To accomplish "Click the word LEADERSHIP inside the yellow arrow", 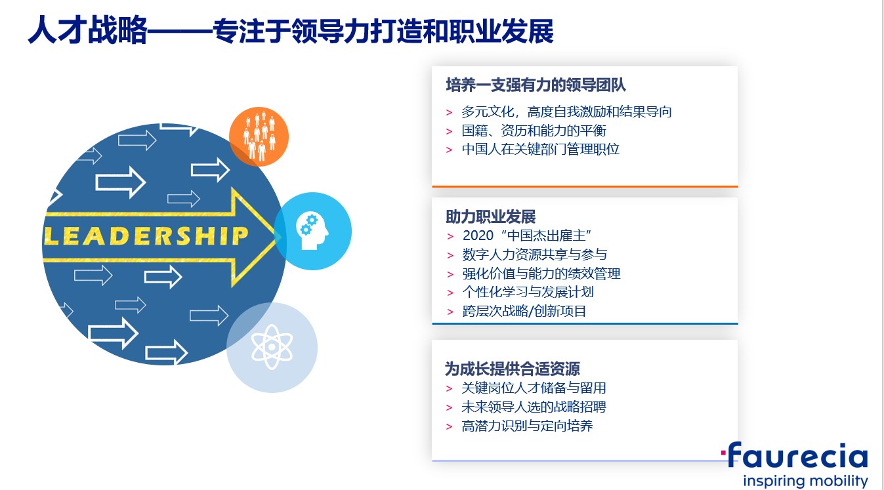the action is [x=146, y=236].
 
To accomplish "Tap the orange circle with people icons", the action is [x=259, y=136].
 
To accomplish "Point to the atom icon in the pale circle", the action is [x=272, y=347].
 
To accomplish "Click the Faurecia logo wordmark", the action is [x=795, y=455].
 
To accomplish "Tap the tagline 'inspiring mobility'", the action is [x=805, y=481].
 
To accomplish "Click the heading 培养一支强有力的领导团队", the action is [x=536, y=85].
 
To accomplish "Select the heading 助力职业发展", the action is [x=490, y=216].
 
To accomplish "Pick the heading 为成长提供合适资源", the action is [x=513, y=369].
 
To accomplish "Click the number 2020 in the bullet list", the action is [x=478, y=235].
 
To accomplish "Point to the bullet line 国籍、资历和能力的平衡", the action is [x=534, y=131].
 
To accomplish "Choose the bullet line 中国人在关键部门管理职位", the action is [x=540, y=149].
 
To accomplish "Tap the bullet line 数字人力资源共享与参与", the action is [x=534, y=255].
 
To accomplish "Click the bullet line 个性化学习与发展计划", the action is [x=528, y=292].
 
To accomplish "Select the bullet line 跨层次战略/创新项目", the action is [x=524, y=312].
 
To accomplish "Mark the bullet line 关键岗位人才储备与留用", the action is [x=534, y=388].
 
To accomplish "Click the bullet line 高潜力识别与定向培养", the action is [x=527, y=426].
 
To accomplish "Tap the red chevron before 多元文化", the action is [x=449, y=113].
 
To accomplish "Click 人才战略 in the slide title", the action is [x=87, y=30].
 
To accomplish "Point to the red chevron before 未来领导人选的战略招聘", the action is [x=449, y=407].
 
